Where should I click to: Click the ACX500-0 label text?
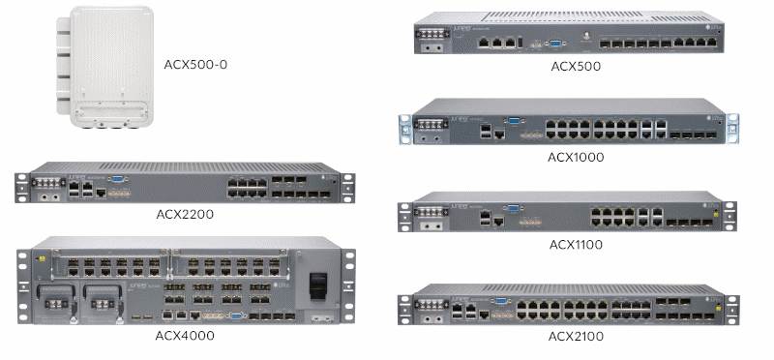tap(201, 65)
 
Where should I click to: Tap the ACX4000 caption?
tap(185, 336)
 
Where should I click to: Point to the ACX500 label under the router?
tap(576, 67)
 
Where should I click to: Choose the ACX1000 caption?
tap(576, 157)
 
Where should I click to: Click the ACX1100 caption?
tap(575, 245)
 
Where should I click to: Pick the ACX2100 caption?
tap(575, 336)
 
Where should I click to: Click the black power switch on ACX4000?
tap(315, 286)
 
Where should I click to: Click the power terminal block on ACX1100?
tap(428, 213)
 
